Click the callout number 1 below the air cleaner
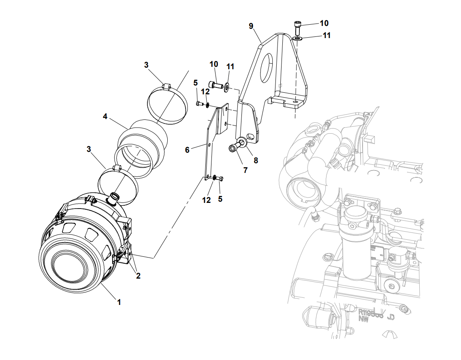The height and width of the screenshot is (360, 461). [119, 302]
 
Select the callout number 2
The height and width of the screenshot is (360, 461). [138, 276]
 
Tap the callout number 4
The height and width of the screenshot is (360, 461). [105, 117]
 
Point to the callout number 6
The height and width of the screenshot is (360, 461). [187, 150]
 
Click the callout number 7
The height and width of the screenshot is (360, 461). [245, 170]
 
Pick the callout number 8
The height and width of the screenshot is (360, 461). [256, 160]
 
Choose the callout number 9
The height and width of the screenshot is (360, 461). [251, 26]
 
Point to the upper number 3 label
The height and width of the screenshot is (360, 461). [146, 65]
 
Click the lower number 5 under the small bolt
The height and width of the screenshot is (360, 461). [220, 199]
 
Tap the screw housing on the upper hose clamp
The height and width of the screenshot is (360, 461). [165, 86]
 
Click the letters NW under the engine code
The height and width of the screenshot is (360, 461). [363, 318]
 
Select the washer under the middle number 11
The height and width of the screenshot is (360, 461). [226, 86]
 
